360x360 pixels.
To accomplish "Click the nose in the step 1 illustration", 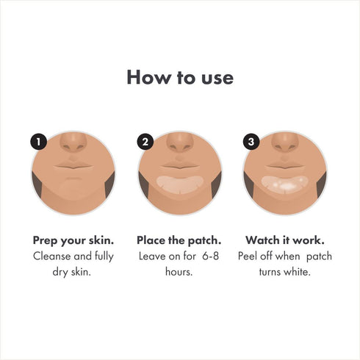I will click(x=73, y=144).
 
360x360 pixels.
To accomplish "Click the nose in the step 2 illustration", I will click(x=179, y=144).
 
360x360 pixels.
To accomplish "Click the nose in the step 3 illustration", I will click(x=286, y=144).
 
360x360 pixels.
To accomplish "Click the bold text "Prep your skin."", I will click(x=73, y=240).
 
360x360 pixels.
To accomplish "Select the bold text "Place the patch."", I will click(x=179, y=240).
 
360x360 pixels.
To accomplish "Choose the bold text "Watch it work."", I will click(x=286, y=240).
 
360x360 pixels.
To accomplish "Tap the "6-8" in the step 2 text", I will click(x=210, y=256).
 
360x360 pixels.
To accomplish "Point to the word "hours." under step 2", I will click(x=179, y=273).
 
